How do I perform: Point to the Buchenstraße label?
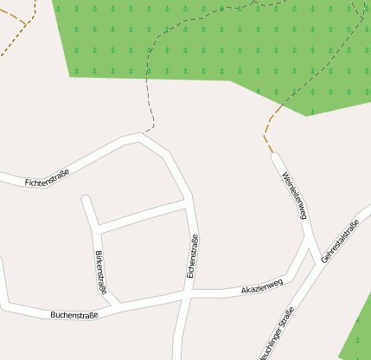[x=74, y=314]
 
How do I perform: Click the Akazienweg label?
[x=262, y=286]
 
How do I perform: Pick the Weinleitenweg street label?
[x=295, y=196]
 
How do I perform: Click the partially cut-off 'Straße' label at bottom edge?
[x=277, y=341]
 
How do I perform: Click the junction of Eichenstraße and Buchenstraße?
[x=188, y=296]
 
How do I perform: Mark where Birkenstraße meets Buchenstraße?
[x=119, y=305]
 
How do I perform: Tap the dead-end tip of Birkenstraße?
[x=86, y=200]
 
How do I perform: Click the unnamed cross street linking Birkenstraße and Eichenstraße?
[x=143, y=217]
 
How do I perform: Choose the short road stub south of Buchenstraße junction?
[x=180, y=333]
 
